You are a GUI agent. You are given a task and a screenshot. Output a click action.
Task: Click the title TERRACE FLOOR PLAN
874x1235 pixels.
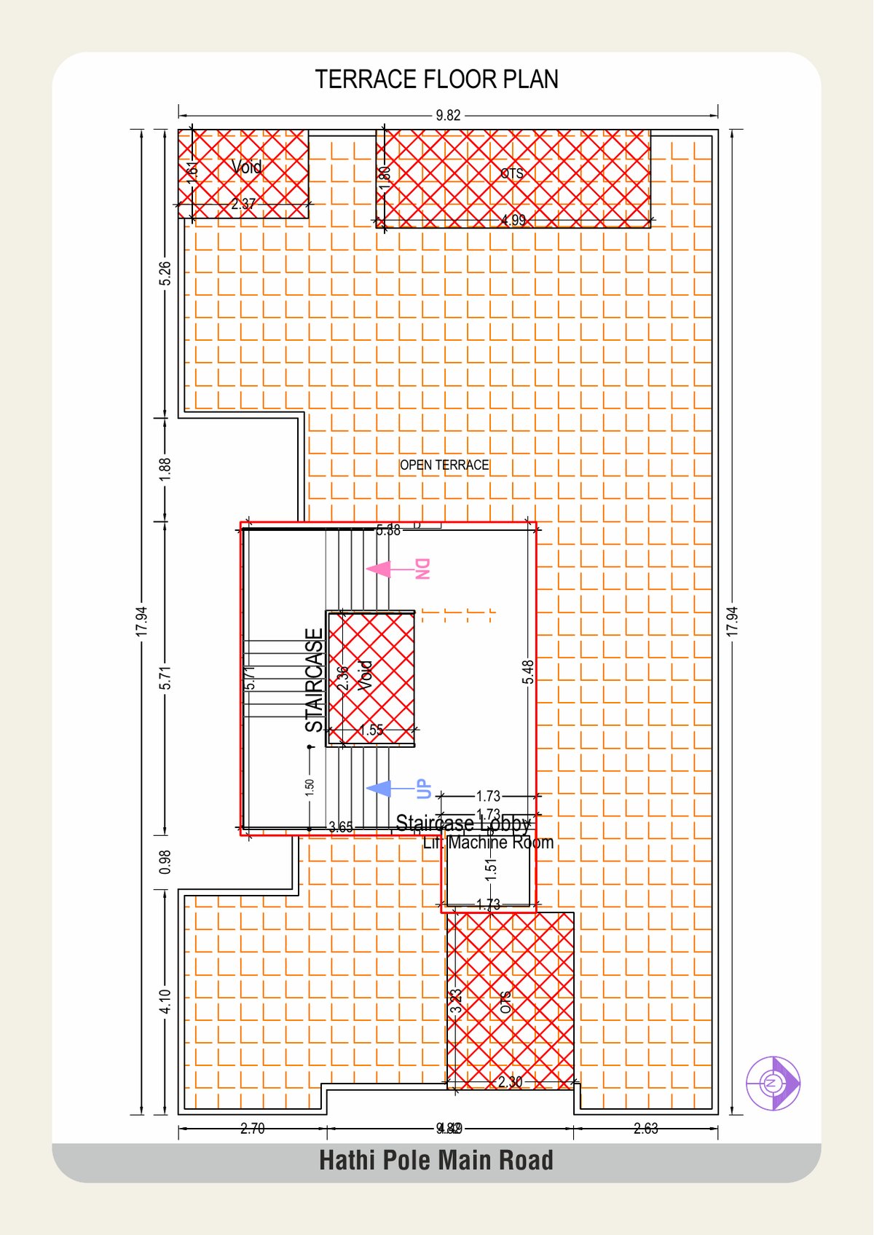pyautogui.click(x=436, y=79)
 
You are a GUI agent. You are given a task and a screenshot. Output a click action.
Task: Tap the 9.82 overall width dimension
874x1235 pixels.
pyautogui.click(x=448, y=115)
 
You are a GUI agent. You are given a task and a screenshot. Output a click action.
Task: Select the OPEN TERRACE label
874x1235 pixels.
pyautogui.click(x=444, y=465)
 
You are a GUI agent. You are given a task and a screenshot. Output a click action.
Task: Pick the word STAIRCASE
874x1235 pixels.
pyautogui.click(x=314, y=680)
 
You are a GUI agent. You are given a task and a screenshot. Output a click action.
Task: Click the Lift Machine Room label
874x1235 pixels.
pyautogui.click(x=489, y=843)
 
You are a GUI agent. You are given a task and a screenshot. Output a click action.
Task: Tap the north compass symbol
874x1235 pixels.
pyautogui.click(x=773, y=1083)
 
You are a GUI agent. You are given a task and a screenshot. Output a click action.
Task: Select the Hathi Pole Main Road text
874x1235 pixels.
pyautogui.click(x=436, y=1160)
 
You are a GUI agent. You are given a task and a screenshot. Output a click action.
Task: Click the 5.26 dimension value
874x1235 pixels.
pyautogui.click(x=165, y=273)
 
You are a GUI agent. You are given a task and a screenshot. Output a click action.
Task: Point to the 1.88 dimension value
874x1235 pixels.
pyautogui.click(x=165, y=467)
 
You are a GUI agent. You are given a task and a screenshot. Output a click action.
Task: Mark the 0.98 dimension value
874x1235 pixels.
pyautogui.click(x=165, y=861)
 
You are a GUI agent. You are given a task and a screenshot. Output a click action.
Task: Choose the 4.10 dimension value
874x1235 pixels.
pyautogui.click(x=165, y=1001)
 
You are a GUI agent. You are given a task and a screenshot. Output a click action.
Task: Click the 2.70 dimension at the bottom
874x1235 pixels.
pyautogui.click(x=253, y=1129)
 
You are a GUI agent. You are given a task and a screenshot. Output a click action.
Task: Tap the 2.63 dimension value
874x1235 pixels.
pyautogui.click(x=645, y=1129)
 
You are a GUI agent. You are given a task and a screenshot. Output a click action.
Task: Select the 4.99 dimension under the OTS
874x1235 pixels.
pyautogui.click(x=513, y=220)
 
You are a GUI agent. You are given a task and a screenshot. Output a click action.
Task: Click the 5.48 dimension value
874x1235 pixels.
pyautogui.click(x=528, y=671)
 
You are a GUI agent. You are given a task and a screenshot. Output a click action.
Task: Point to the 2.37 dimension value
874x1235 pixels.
pyautogui.click(x=243, y=205)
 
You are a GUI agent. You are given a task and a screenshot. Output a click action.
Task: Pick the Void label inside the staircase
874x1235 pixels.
pyautogui.click(x=366, y=675)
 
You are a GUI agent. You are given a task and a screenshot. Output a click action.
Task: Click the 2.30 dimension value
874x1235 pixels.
pyautogui.click(x=510, y=1082)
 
